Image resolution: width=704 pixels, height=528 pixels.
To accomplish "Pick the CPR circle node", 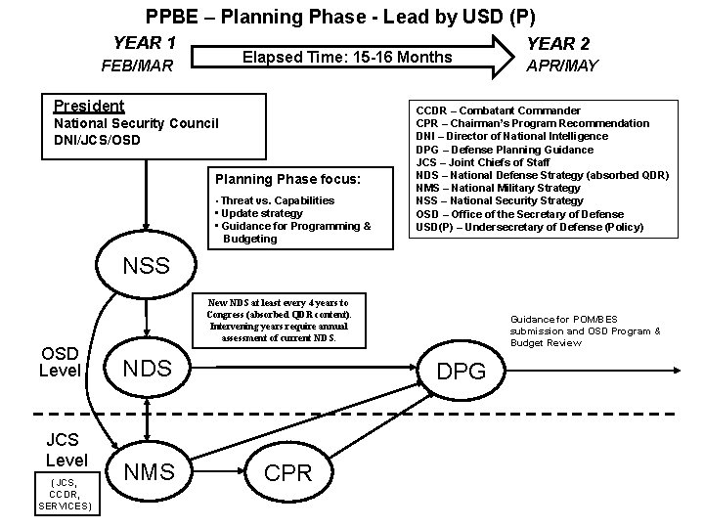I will click(x=288, y=473).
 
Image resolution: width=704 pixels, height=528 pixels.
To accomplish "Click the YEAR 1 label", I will click(x=144, y=43).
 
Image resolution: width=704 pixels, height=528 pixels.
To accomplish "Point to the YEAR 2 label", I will click(x=558, y=44).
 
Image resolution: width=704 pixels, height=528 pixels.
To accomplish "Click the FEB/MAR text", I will click(x=137, y=67).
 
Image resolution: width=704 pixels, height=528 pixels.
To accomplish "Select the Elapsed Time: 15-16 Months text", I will click(x=347, y=57).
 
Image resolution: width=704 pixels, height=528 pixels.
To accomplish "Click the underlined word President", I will click(x=89, y=106).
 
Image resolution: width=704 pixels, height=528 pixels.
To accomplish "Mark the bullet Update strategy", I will click(x=261, y=213).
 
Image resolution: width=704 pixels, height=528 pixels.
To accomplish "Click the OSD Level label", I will click(x=59, y=362).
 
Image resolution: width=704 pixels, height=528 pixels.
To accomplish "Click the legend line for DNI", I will click(x=511, y=136).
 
